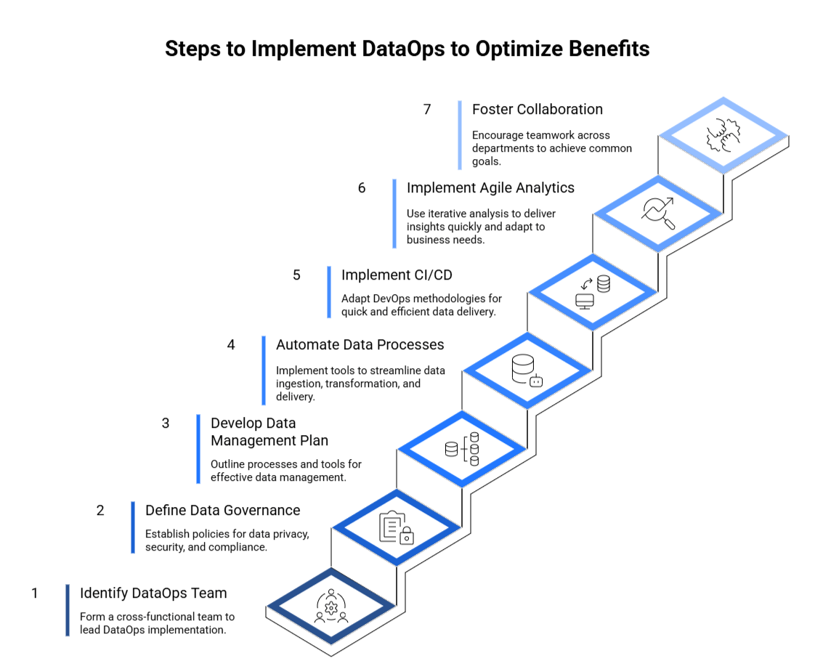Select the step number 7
427,109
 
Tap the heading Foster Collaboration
537,109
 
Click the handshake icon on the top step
723,136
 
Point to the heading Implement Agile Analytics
490,187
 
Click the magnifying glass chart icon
658,214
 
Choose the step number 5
296,275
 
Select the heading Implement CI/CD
397,275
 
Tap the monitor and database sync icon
593,292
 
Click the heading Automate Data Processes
360,344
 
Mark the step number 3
166,423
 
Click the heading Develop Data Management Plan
269,431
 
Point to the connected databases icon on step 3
462,449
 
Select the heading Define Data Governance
222,510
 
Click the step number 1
34,593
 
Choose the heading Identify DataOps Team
153,593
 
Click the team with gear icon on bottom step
331,606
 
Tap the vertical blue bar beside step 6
394,214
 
